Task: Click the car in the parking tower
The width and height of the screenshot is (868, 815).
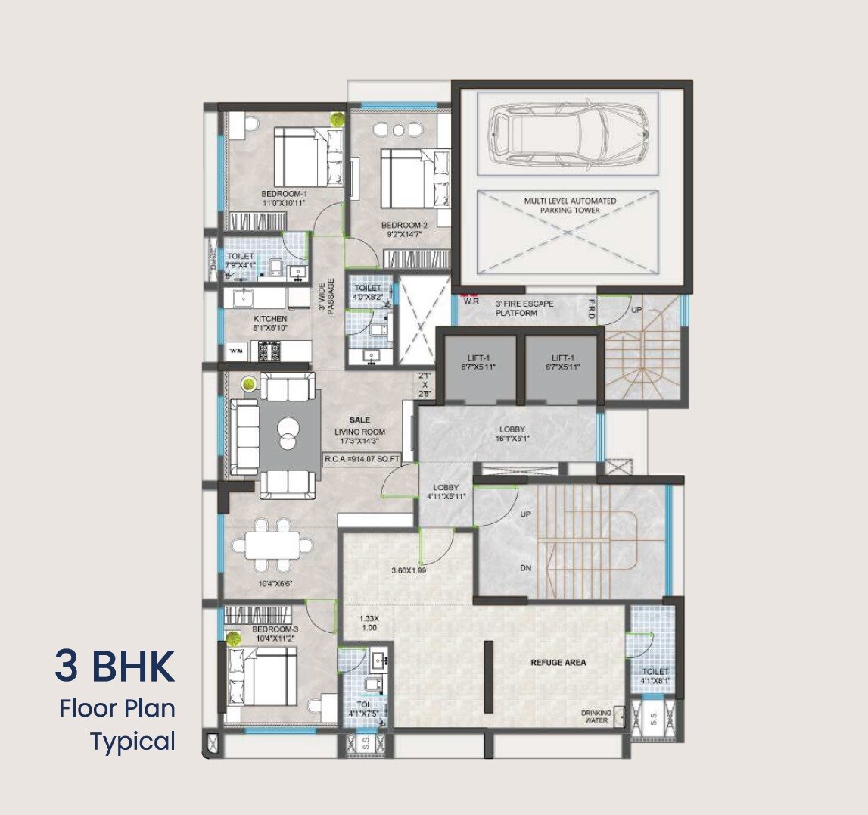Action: pos(568,134)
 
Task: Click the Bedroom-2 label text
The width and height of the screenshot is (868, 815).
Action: pos(404,230)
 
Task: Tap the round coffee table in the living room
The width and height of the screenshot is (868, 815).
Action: pos(290,431)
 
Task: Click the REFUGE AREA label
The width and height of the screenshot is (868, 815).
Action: pos(558,662)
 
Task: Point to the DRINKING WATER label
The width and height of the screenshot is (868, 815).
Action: pos(596,717)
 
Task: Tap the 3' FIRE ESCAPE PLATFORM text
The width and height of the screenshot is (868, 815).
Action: pos(524,308)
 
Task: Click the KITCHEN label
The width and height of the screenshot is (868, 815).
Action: pos(270,323)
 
